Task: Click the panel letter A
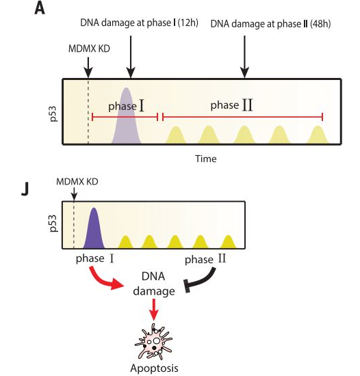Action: (x=40, y=10)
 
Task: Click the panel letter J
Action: (x=25, y=189)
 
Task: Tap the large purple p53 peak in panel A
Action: (x=126, y=116)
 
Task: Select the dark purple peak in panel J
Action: (x=94, y=228)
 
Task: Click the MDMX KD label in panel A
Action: (x=89, y=49)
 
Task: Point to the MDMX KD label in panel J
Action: (x=77, y=182)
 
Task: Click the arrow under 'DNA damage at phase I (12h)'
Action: (x=131, y=57)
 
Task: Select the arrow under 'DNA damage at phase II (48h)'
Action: (x=244, y=57)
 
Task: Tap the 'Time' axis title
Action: (x=206, y=159)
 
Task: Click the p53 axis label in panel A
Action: (x=53, y=113)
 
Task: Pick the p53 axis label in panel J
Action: (x=53, y=224)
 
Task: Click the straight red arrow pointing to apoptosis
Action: (x=154, y=309)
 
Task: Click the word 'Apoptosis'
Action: (x=154, y=368)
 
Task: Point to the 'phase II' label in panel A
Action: (x=231, y=105)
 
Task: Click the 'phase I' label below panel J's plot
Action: (x=94, y=258)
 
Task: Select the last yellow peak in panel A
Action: (x=318, y=135)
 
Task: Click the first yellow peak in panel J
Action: (x=125, y=242)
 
